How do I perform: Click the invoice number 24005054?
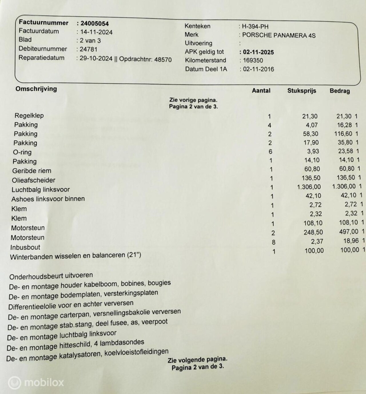click(x=94, y=23)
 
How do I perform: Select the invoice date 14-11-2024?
click(x=96, y=32)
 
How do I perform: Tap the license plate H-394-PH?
click(x=255, y=27)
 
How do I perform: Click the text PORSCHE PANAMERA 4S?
click(x=279, y=35)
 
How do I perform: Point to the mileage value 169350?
click(x=253, y=60)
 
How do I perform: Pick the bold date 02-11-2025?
click(x=258, y=52)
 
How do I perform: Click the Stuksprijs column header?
click(x=302, y=91)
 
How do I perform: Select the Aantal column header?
click(x=261, y=91)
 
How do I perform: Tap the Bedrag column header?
click(x=340, y=91)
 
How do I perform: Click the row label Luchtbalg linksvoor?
click(x=41, y=190)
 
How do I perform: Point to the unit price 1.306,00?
click(x=309, y=187)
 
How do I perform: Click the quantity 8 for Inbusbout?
click(x=274, y=242)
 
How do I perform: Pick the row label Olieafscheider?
click(x=33, y=180)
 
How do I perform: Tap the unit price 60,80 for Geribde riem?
click(x=312, y=169)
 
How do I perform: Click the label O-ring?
click(x=22, y=152)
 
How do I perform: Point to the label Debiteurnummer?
click(x=43, y=49)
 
